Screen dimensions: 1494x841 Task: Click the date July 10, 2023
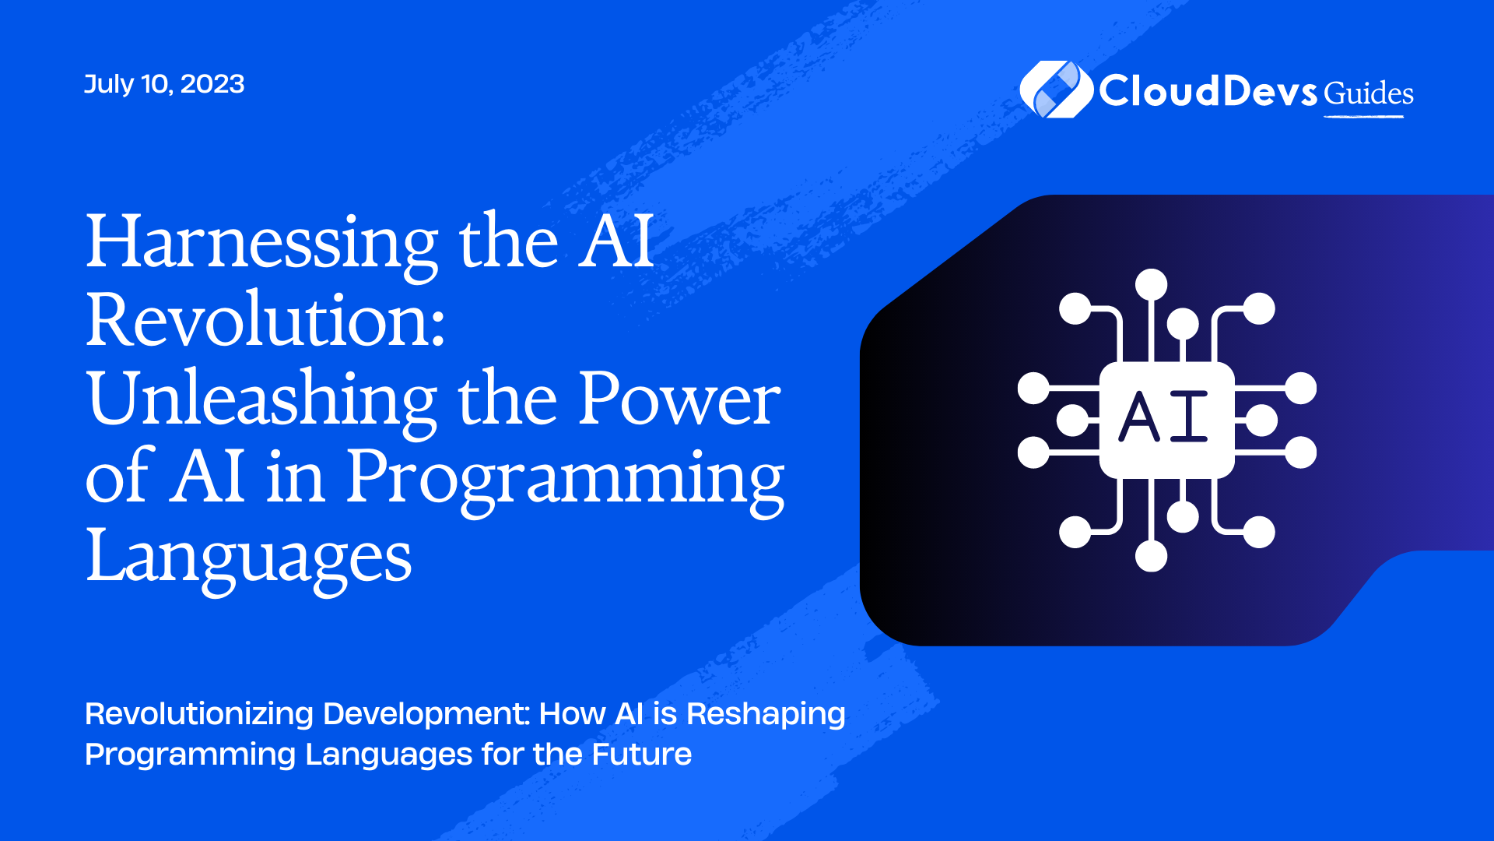[164, 84]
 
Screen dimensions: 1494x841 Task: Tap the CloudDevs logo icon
[1056, 90]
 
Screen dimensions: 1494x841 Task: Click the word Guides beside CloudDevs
[1369, 93]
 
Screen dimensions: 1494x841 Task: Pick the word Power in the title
[679, 398]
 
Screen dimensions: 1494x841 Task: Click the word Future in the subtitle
[642, 754]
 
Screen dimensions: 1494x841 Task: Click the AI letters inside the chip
[1164, 417]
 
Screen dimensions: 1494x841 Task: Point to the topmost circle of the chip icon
[1151, 284]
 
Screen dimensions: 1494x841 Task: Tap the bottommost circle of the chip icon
[1151, 556]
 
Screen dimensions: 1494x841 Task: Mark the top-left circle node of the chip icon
[1075, 308]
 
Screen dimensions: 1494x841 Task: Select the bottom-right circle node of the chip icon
[1259, 533]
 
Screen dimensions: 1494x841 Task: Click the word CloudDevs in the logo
[1208, 91]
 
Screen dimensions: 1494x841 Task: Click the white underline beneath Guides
[1364, 117]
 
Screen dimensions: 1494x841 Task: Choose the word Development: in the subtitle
[426, 715]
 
